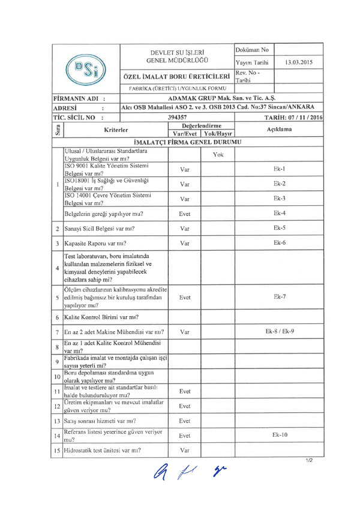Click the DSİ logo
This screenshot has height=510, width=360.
(86, 68)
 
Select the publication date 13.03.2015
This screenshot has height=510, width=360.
(299, 62)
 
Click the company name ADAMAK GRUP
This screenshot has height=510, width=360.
(221, 98)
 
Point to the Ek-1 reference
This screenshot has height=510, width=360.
(279, 169)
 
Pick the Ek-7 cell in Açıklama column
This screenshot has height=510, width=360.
(279, 296)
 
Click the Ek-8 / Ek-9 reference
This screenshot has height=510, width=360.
(279, 331)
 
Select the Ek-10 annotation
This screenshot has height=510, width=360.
(279, 434)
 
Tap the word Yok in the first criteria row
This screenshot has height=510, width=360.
(218, 154)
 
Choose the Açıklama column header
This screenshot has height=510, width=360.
(279, 129)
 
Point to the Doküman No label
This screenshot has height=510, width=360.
(252, 50)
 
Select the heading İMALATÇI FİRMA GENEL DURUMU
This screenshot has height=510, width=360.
(187, 142)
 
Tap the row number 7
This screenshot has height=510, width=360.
(56, 332)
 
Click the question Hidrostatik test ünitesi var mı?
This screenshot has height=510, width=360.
(106, 449)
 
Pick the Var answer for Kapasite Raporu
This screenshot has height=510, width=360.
(185, 243)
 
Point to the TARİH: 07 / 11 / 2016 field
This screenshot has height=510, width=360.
(290, 118)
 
